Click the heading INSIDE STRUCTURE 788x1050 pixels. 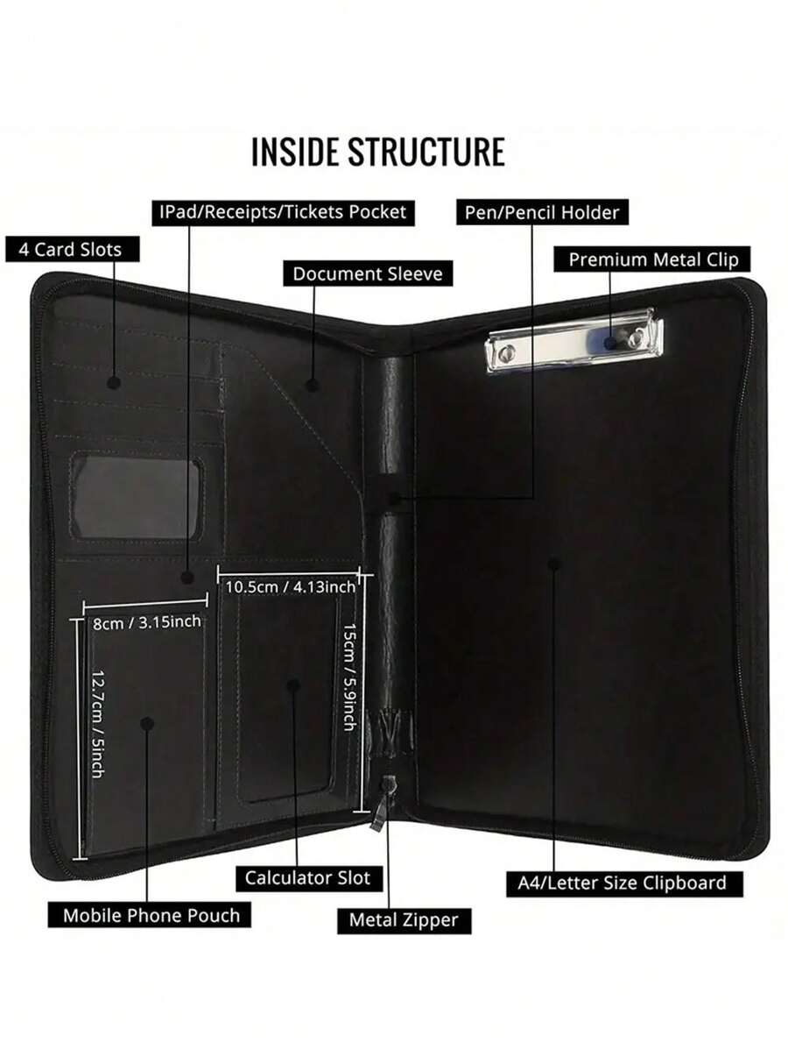(377, 151)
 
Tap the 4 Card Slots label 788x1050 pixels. (69, 249)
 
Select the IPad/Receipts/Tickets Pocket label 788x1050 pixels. (281, 212)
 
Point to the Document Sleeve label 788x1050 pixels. (368, 273)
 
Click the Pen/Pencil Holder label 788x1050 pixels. (543, 212)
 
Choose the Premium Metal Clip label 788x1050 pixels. (652, 259)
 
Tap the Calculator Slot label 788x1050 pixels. (307, 877)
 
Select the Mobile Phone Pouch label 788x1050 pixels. (151, 915)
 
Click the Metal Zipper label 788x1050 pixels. (404, 919)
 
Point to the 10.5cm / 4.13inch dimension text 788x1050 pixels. (291, 586)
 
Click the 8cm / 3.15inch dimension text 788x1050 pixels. (147, 621)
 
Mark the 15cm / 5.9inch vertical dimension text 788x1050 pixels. (348, 677)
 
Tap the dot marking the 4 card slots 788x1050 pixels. (113, 383)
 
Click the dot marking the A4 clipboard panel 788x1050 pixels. (553, 563)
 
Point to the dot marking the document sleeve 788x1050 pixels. (312, 383)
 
